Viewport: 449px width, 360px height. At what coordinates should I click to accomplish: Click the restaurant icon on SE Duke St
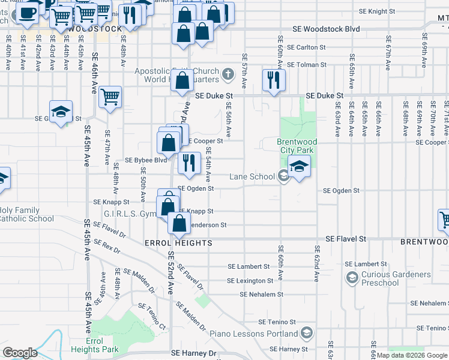click(274, 80)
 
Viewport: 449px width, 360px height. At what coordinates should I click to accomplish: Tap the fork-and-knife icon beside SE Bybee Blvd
click(190, 163)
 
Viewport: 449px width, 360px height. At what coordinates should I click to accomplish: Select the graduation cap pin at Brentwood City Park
click(299, 166)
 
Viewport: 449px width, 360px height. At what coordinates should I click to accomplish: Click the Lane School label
click(253, 176)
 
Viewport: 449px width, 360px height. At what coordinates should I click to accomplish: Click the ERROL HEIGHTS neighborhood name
click(178, 243)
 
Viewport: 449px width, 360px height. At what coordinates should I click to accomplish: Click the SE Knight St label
click(377, 11)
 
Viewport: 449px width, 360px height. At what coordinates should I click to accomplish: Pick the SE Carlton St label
click(306, 47)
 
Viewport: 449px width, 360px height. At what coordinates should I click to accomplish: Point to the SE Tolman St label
click(306, 65)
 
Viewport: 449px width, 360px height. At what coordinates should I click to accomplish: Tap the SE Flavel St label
click(346, 239)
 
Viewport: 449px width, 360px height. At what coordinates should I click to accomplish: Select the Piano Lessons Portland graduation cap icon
click(307, 333)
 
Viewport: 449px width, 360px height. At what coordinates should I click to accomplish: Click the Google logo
click(20, 352)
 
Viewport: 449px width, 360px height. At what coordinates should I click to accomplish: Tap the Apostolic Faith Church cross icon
click(227, 75)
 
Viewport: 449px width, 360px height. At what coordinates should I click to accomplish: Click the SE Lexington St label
click(250, 281)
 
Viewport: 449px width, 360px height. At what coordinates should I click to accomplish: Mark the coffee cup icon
click(27, 13)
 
